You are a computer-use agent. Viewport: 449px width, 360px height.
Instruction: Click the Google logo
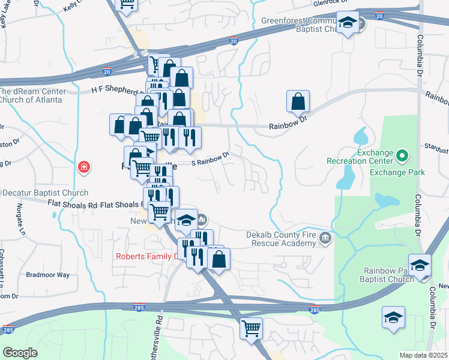point(20,352)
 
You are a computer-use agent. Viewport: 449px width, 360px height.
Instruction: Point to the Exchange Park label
point(397,172)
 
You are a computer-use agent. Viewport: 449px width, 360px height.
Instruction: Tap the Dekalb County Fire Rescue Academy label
point(281,239)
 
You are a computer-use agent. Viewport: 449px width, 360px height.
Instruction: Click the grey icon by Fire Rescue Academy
point(325,239)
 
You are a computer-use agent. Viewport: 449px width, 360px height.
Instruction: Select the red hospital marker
point(85,167)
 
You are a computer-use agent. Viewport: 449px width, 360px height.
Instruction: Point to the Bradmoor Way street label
point(47,275)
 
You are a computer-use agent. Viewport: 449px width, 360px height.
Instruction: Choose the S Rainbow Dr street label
point(211,159)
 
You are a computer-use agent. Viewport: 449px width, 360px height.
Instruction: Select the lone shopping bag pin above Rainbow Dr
point(298,102)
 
